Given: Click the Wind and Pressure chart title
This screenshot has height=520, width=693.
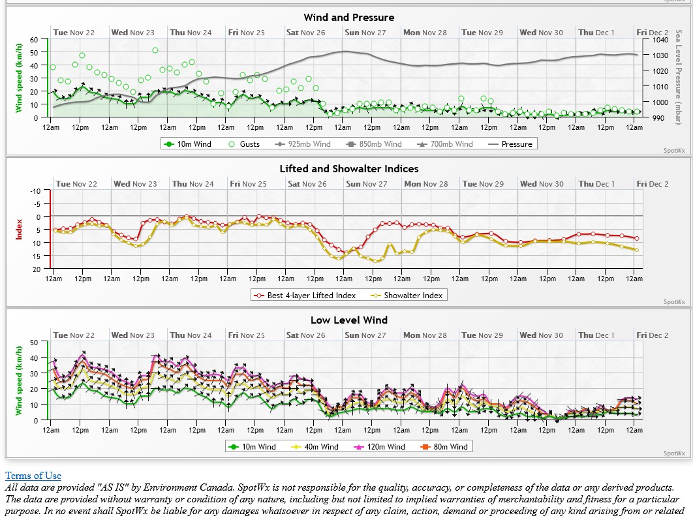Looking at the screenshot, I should pos(349,18).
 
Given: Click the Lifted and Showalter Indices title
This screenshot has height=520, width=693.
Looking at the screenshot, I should pos(349,169).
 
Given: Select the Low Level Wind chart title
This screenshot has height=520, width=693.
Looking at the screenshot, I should pos(349,320).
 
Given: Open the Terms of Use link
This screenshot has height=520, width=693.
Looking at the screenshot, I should pos(33,476).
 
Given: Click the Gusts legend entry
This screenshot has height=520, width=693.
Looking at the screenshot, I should pos(244,144).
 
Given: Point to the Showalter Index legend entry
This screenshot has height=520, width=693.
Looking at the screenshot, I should pos(407,296).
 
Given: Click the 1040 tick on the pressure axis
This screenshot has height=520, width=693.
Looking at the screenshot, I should pos(657,40).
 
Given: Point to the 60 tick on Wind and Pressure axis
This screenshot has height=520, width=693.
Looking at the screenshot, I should pos(35,40).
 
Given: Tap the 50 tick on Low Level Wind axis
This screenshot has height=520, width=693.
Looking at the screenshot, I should pos(35,342).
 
